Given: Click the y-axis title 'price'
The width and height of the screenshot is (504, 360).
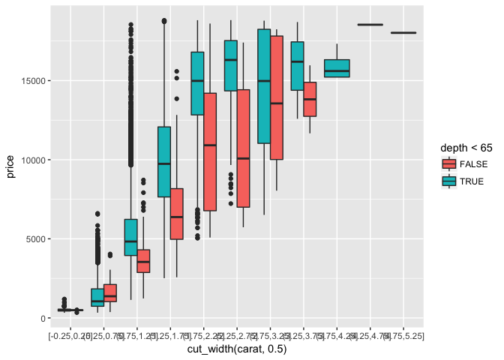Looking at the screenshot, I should coord(10,160).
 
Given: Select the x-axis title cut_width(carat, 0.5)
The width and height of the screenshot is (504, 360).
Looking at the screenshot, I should coord(236,349).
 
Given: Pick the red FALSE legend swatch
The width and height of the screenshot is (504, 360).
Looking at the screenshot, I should coord(449,164).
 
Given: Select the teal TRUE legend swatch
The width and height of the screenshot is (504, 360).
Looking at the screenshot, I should coord(449,181).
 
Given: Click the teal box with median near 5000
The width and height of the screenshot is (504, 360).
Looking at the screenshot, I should coord(130,237).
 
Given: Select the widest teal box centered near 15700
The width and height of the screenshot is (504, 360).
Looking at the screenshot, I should coord(337,68).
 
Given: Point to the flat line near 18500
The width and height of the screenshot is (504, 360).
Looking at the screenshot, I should coord(370,25).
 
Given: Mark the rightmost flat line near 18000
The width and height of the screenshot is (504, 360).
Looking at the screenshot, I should coord(403,32).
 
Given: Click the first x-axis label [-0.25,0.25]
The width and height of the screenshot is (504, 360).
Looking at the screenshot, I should coord(70,335).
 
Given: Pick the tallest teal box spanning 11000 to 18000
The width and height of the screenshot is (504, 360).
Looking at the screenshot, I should coord(264,86).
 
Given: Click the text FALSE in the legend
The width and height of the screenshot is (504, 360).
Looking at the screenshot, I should coord(472,164).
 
